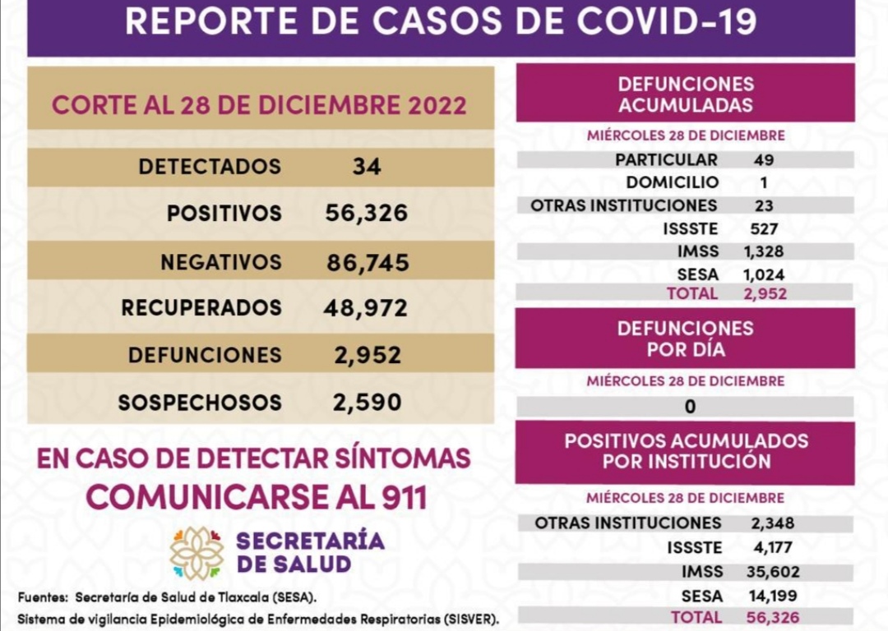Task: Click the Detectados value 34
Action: click(367, 167)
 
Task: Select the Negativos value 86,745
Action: click(368, 263)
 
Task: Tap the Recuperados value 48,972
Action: click(367, 308)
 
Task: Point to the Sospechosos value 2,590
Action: click(367, 403)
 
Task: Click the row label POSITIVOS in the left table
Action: click(224, 214)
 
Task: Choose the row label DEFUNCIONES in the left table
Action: click(205, 356)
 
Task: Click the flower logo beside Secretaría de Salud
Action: click(197, 553)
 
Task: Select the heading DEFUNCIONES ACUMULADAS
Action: click(685, 94)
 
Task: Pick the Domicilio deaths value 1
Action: click(764, 182)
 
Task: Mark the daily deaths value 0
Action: click(690, 406)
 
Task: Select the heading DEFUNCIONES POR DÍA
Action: click(685, 339)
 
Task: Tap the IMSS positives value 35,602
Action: click(775, 572)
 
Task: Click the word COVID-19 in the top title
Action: click(667, 22)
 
